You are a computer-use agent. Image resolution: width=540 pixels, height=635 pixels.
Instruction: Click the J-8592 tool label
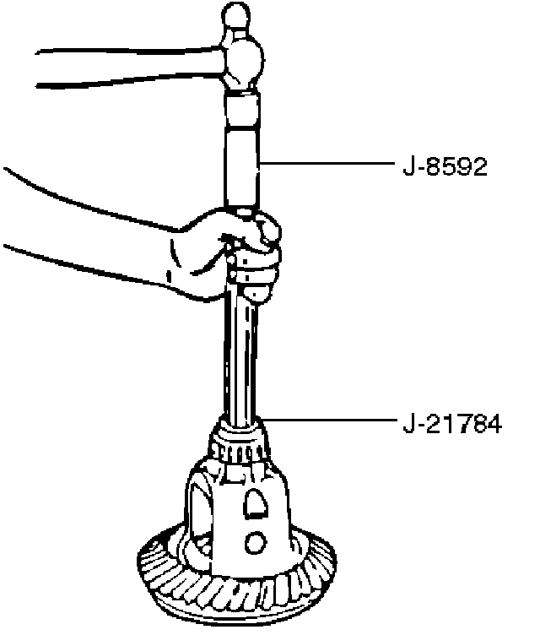point(445,166)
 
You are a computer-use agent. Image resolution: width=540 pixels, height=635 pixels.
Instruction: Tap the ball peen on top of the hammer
point(235,16)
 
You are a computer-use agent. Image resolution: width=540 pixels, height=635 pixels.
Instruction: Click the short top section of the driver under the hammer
point(242,106)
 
